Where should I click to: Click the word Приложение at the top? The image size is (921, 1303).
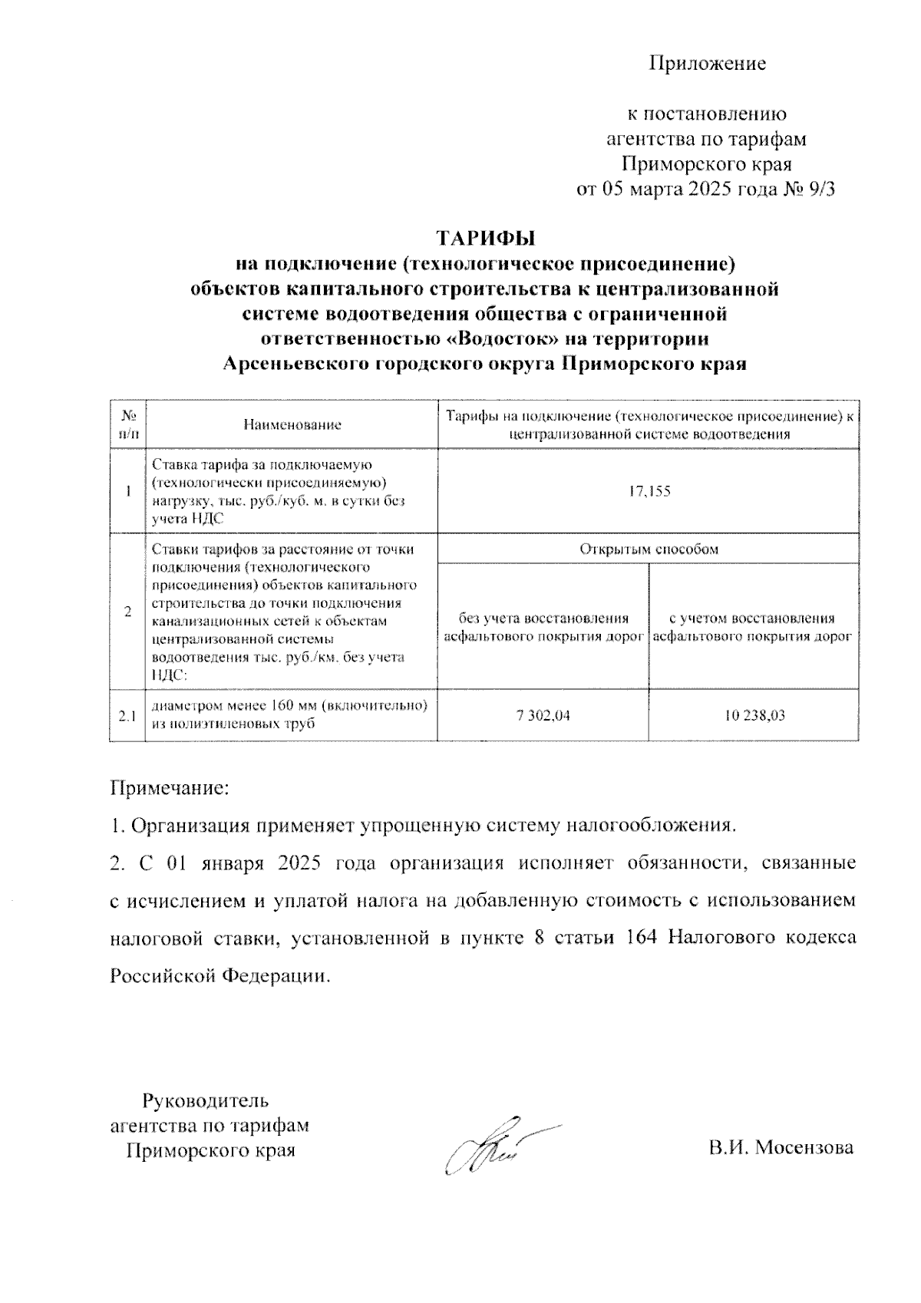coord(708,63)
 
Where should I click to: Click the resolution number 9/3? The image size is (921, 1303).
coord(817,190)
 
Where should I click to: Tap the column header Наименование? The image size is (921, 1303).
coord(292,424)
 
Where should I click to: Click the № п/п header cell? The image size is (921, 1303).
coord(127,424)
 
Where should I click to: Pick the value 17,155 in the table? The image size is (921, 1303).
coord(648,491)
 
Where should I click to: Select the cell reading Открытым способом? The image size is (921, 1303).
coord(648,549)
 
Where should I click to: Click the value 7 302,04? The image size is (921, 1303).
coord(543,716)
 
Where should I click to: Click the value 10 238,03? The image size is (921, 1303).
coord(754,716)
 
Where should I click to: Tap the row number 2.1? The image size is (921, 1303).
coord(127,716)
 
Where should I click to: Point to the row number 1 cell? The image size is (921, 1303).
coord(127,491)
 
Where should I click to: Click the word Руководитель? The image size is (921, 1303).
coord(206,1100)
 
